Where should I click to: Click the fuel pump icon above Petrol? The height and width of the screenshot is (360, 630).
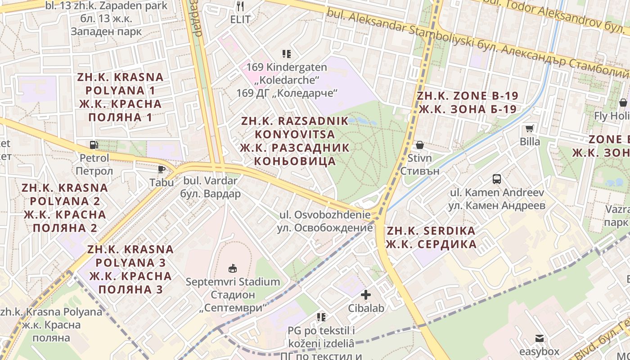coord(94,145)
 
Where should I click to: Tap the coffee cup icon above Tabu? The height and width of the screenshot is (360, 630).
coord(162,169)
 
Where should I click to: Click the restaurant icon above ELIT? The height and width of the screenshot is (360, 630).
coord(240,6)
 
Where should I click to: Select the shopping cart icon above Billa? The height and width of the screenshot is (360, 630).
coord(530,128)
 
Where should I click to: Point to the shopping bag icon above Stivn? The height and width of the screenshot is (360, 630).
coord(419,145)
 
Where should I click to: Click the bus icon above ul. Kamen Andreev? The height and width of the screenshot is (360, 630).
coord(497,179)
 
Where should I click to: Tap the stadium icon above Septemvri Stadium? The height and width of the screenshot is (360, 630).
coord(233,269)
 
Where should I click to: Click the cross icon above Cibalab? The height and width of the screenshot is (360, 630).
coord(366,295)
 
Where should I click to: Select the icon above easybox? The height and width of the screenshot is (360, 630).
coord(539,338)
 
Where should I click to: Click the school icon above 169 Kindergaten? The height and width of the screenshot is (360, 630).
coord(287,54)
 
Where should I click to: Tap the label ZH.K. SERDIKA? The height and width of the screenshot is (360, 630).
coord(431,231)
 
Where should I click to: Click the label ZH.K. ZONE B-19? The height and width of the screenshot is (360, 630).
coord(467,96)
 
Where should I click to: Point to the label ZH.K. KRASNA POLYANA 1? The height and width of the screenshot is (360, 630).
coord(120,84)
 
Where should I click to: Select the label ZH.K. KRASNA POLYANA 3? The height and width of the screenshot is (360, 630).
coord(130,256)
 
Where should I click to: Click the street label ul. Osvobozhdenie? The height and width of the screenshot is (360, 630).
coord(325,215)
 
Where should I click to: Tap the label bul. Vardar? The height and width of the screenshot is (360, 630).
coord(210,181)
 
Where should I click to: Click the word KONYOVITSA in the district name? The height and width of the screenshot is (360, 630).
coord(295,134)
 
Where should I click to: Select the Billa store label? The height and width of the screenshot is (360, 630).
coord(530,142)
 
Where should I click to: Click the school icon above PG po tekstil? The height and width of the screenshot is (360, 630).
coord(321,317)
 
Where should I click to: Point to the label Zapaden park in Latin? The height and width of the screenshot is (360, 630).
coord(107,6)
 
